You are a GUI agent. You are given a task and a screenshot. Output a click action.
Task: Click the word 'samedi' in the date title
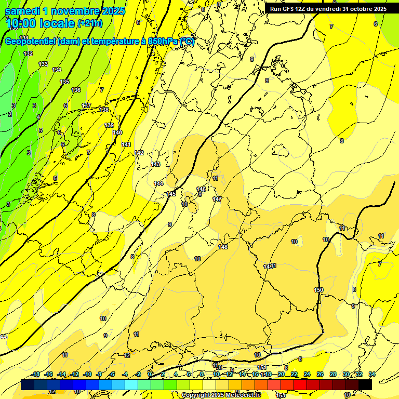[x=22, y=11]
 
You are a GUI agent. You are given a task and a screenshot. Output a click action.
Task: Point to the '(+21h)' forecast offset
[x=90, y=23]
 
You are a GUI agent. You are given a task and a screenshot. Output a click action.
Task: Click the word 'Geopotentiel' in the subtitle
[x=31, y=42]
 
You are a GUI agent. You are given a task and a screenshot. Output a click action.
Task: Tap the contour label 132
[x=28, y=54]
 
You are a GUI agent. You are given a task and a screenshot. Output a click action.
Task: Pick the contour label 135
[x=64, y=82]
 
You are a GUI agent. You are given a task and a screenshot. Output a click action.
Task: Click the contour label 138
[x=104, y=110]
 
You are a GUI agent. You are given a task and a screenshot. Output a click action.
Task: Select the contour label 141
[x=126, y=144]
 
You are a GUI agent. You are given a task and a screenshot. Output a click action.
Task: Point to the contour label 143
[x=155, y=164]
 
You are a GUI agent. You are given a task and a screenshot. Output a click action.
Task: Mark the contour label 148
[x=223, y=247]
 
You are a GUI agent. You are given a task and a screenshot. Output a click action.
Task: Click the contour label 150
[x=318, y=290]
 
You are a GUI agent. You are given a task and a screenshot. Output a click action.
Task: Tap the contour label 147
[x=217, y=199]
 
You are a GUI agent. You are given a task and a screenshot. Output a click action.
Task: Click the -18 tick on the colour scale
[x=35, y=374]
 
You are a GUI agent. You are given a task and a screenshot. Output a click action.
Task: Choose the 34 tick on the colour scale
[x=372, y=374]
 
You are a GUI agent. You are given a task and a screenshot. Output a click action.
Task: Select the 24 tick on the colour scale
[x=307, y=374]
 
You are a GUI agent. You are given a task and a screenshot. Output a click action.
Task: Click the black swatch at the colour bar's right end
[x=365, y=384]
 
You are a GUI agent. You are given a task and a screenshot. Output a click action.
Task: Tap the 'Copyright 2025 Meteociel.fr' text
[x=221, y=395]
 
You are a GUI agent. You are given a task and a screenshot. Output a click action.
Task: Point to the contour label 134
[x=57, y=70]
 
